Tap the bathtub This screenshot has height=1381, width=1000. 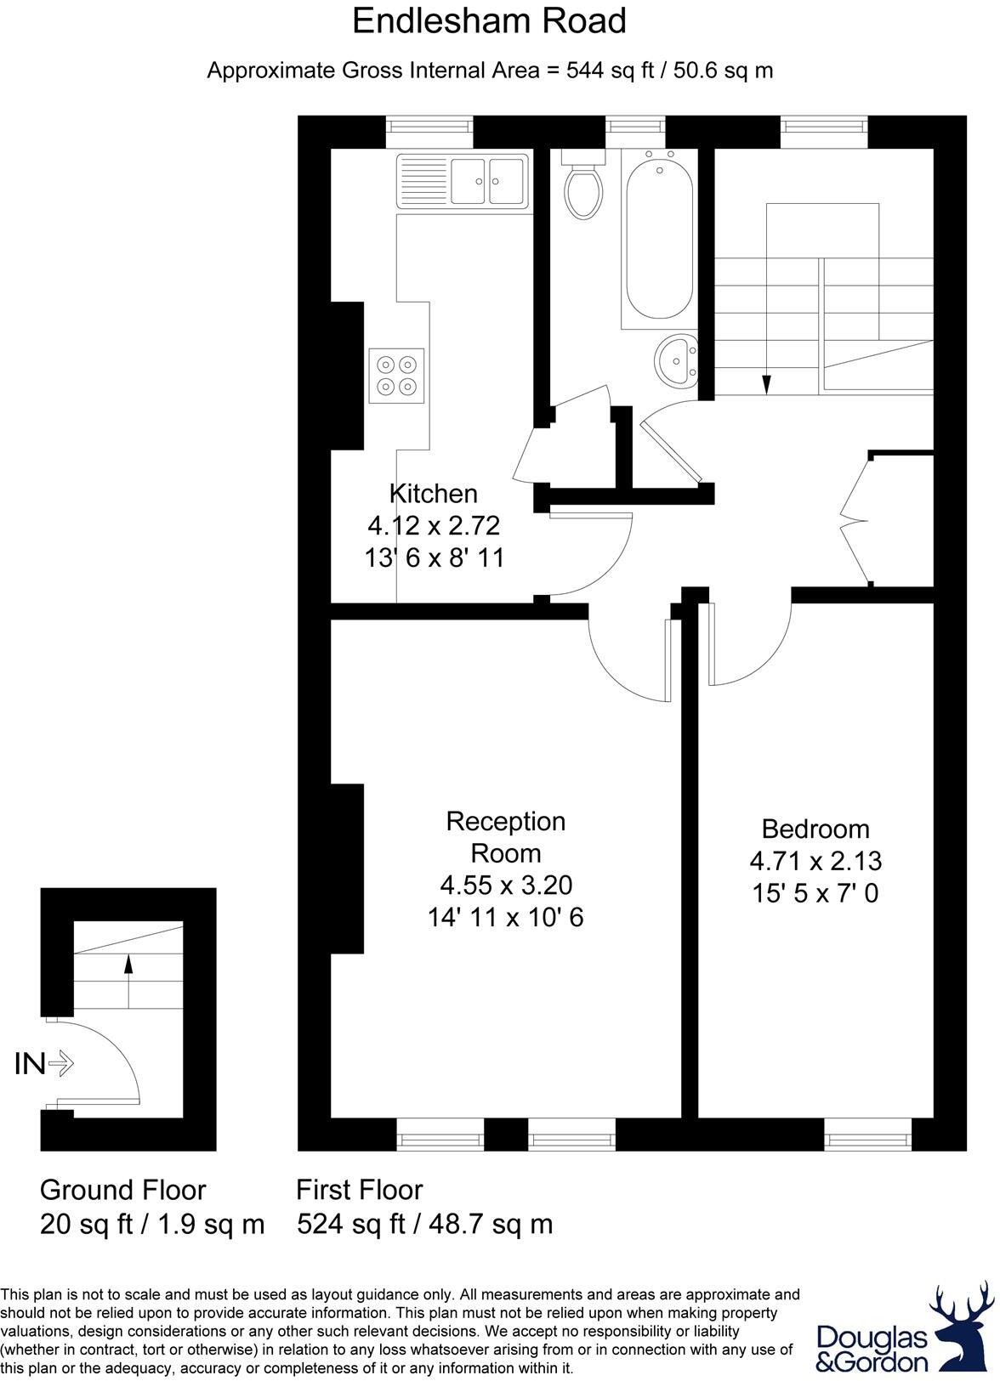659,238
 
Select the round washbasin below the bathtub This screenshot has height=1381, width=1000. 678,363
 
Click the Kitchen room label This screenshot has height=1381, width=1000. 434,494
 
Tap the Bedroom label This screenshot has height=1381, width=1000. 815,829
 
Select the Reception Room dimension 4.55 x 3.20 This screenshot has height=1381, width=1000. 506,886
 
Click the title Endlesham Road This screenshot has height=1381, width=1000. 490,22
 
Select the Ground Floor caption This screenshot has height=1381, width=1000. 123,1190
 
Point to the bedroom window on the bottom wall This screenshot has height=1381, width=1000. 867,1133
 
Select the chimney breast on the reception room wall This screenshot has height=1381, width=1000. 347,867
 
